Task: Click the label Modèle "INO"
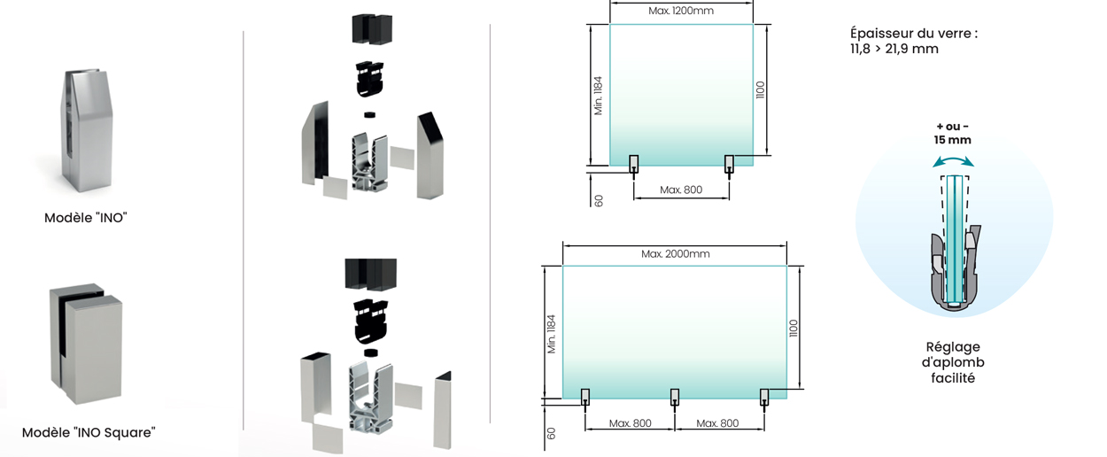point(86,218)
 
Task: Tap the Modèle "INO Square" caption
point(89,433)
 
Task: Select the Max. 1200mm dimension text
point(681,11)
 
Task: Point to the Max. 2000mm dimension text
point(675,254)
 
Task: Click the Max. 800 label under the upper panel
point(681,190)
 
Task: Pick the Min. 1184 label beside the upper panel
point(598,96)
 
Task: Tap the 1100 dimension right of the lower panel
point(793,329)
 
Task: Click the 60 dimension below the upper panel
point(599,200)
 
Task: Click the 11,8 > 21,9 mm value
point(894,49)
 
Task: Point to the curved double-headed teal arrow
point(953,161)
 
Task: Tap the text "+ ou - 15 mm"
point(952,134)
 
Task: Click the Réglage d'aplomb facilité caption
point(953,362)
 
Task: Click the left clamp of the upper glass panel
point(633,164)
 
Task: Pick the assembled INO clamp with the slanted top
point(87,130)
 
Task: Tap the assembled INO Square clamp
point(86,344)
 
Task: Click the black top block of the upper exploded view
point(372,28)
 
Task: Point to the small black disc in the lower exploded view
point(370,352)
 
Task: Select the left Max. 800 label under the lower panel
point(630,423)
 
